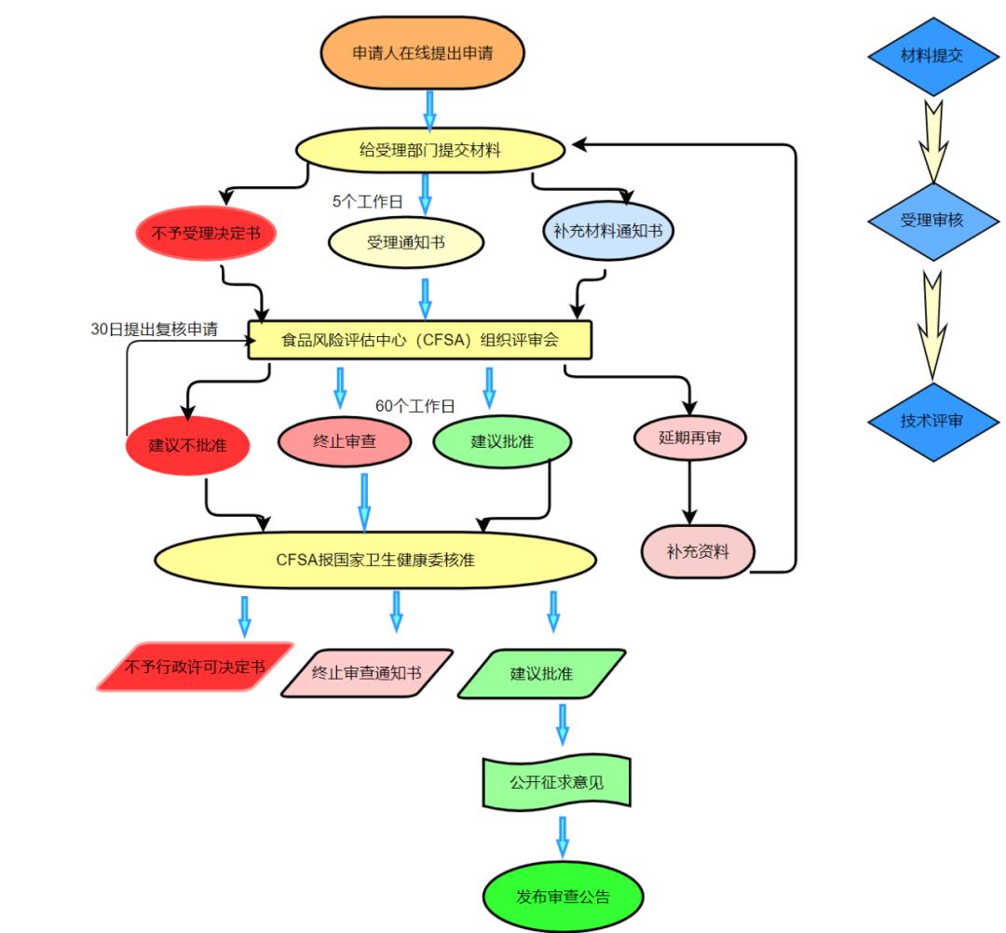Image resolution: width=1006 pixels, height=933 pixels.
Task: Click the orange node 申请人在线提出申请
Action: tap(422, 53)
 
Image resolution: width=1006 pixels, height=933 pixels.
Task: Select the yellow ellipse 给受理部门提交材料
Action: tap(430, 149)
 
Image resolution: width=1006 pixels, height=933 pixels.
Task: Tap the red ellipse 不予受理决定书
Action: tap(206, 232)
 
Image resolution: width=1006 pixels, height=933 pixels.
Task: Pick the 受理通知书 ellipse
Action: tap(405, 242)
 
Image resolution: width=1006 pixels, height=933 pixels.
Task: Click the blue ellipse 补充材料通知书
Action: tap(607, 230)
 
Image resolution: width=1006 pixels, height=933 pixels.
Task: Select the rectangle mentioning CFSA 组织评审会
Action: tap(419, 340)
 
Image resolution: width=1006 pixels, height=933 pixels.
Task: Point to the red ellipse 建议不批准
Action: tap(188, 444)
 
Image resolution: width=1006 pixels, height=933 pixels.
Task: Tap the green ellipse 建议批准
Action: tap(502, 441)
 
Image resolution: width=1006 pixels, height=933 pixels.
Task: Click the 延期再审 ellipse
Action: tap(690, 437)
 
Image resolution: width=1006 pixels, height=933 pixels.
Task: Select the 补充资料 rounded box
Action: tap(698, 550)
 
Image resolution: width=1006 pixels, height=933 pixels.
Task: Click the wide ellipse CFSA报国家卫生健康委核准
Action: tap(375, 560)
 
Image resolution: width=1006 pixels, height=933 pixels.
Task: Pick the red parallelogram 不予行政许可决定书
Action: tap(195, 667)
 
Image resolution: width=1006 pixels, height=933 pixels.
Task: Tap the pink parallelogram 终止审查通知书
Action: tap(366, 672)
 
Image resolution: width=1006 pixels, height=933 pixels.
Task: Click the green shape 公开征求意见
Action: tap(556, 782)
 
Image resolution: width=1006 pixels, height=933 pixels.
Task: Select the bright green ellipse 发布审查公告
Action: tap(563, 898)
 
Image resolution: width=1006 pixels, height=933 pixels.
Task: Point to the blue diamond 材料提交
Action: tap(931, 56)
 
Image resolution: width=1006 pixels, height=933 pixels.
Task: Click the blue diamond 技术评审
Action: tap(931, 421)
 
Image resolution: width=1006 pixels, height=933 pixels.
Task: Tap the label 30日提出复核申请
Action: tap(154, 329)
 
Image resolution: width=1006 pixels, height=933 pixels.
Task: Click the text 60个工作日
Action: tap(415, 406)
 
